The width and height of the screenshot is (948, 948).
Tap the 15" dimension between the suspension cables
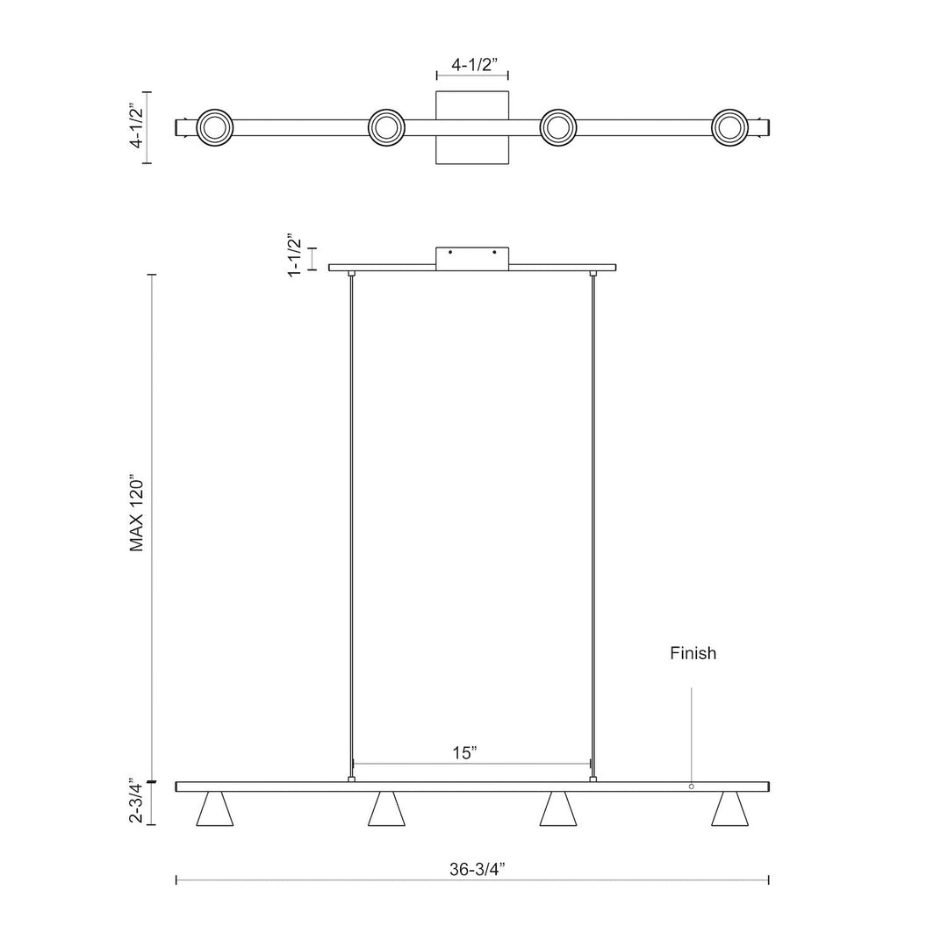464,752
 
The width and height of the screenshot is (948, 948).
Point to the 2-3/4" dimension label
136,800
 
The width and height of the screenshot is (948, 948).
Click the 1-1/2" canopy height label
295,255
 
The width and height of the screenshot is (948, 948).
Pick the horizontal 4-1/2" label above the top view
472,65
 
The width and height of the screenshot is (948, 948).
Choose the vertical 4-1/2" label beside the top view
135,127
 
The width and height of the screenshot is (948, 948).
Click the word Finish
693,653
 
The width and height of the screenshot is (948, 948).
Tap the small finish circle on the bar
691,786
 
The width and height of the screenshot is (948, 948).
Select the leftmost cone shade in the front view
215,809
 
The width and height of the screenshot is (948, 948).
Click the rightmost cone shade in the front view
730,809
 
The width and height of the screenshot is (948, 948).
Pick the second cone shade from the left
386,809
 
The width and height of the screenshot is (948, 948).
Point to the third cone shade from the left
558,809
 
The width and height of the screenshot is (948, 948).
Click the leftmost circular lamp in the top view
215,128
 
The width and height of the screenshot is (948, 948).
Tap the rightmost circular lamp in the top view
730,128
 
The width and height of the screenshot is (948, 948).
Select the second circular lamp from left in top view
386,128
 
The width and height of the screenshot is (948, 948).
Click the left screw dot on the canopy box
450,253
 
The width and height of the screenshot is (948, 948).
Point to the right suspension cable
593,527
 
